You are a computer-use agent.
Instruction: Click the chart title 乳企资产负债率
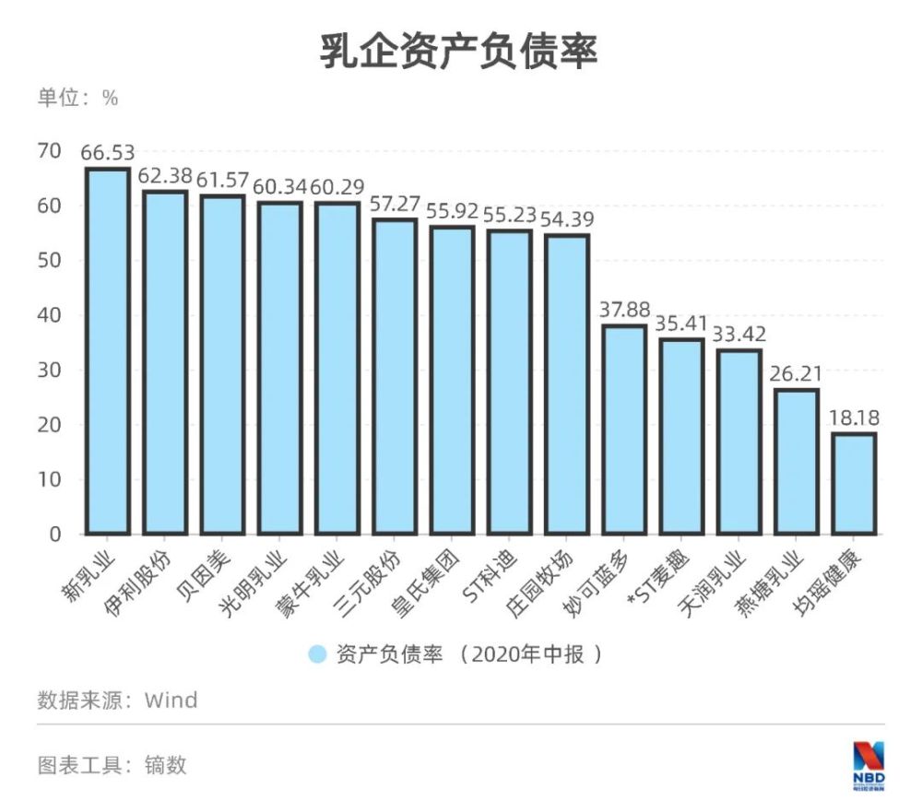[458, 52]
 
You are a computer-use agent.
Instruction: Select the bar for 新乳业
[107, 350]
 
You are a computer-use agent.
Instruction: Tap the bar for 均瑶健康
[854, 484]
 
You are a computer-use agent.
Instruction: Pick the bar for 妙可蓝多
[624, 430]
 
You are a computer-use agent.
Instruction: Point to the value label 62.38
[164, 176]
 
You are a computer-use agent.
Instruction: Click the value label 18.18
[854, 418]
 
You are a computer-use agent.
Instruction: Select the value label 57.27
[395, 205]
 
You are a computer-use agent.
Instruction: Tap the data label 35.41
[681, 324]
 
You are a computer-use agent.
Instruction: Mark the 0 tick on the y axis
[55, 535]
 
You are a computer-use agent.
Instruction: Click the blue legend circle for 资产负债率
[317, 654]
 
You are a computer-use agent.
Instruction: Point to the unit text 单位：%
[77, 99]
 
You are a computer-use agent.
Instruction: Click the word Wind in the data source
[171, 700]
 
